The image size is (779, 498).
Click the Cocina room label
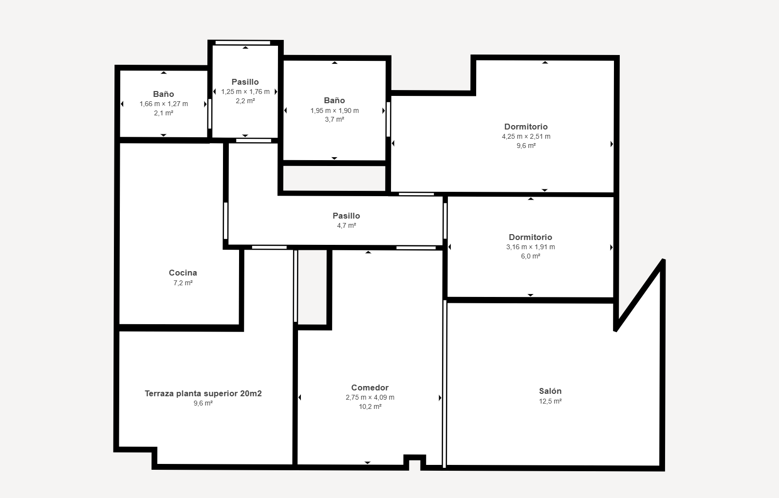[x=183, y=273]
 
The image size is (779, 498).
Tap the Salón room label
[x=550, y=391]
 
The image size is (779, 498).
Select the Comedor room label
[x=370, y=388]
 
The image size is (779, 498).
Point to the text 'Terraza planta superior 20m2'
[x=203, y=394]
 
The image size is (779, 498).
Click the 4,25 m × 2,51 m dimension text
[x=526, y=137]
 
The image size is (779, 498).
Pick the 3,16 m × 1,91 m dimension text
[x=530, y=247]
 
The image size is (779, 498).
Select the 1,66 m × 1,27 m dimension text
[x=164, y=104]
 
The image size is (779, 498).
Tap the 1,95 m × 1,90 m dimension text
[x=334, y=111]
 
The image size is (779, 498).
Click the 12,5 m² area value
[x=550, y=401]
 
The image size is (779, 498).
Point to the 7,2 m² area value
[x=183, y=283]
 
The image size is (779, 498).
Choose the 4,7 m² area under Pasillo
[x=346, y=226]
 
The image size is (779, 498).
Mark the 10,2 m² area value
[x=370, y=406]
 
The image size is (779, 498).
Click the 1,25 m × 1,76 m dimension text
[x=245, y=92]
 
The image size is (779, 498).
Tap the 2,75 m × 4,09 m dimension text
[x=370, y=398]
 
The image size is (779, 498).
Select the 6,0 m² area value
[x=530, y=257]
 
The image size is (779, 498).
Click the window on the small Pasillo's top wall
[x=243, y=43]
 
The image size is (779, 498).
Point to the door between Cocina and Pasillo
[x=226, y=221]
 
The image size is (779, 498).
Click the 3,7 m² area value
[x=334, y=120]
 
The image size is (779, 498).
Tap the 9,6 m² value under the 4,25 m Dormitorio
[x=526, y=146]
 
